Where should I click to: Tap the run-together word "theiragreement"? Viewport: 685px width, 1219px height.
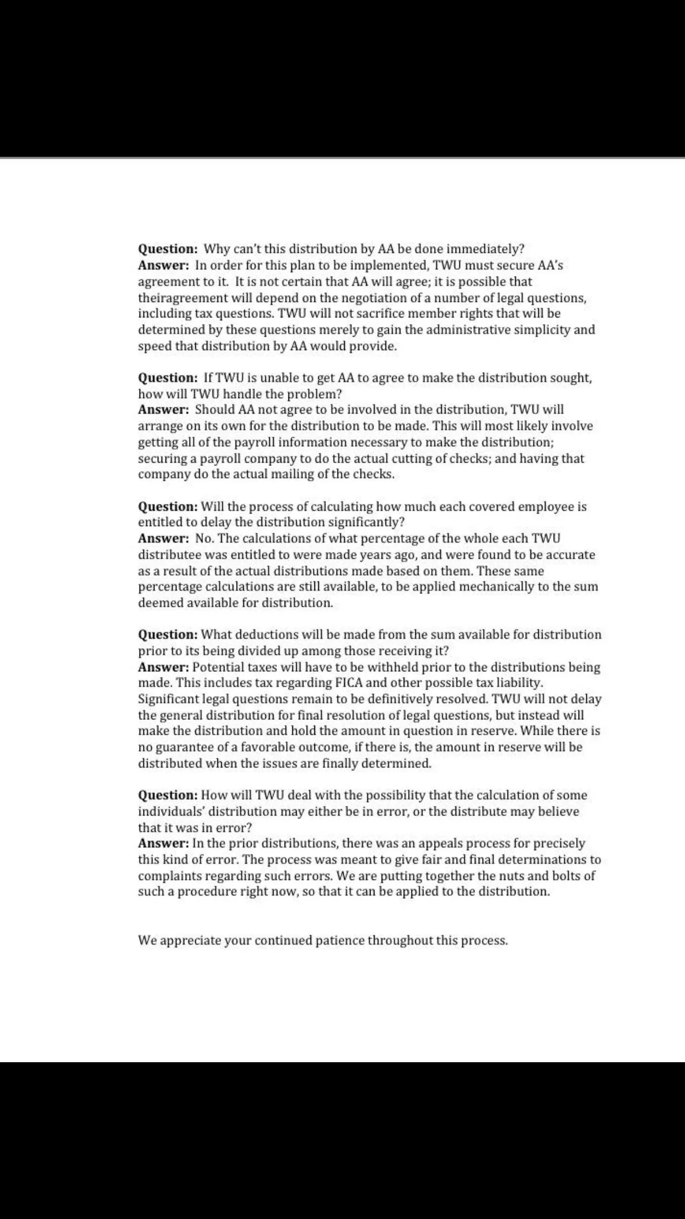[x=182, y=298]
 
